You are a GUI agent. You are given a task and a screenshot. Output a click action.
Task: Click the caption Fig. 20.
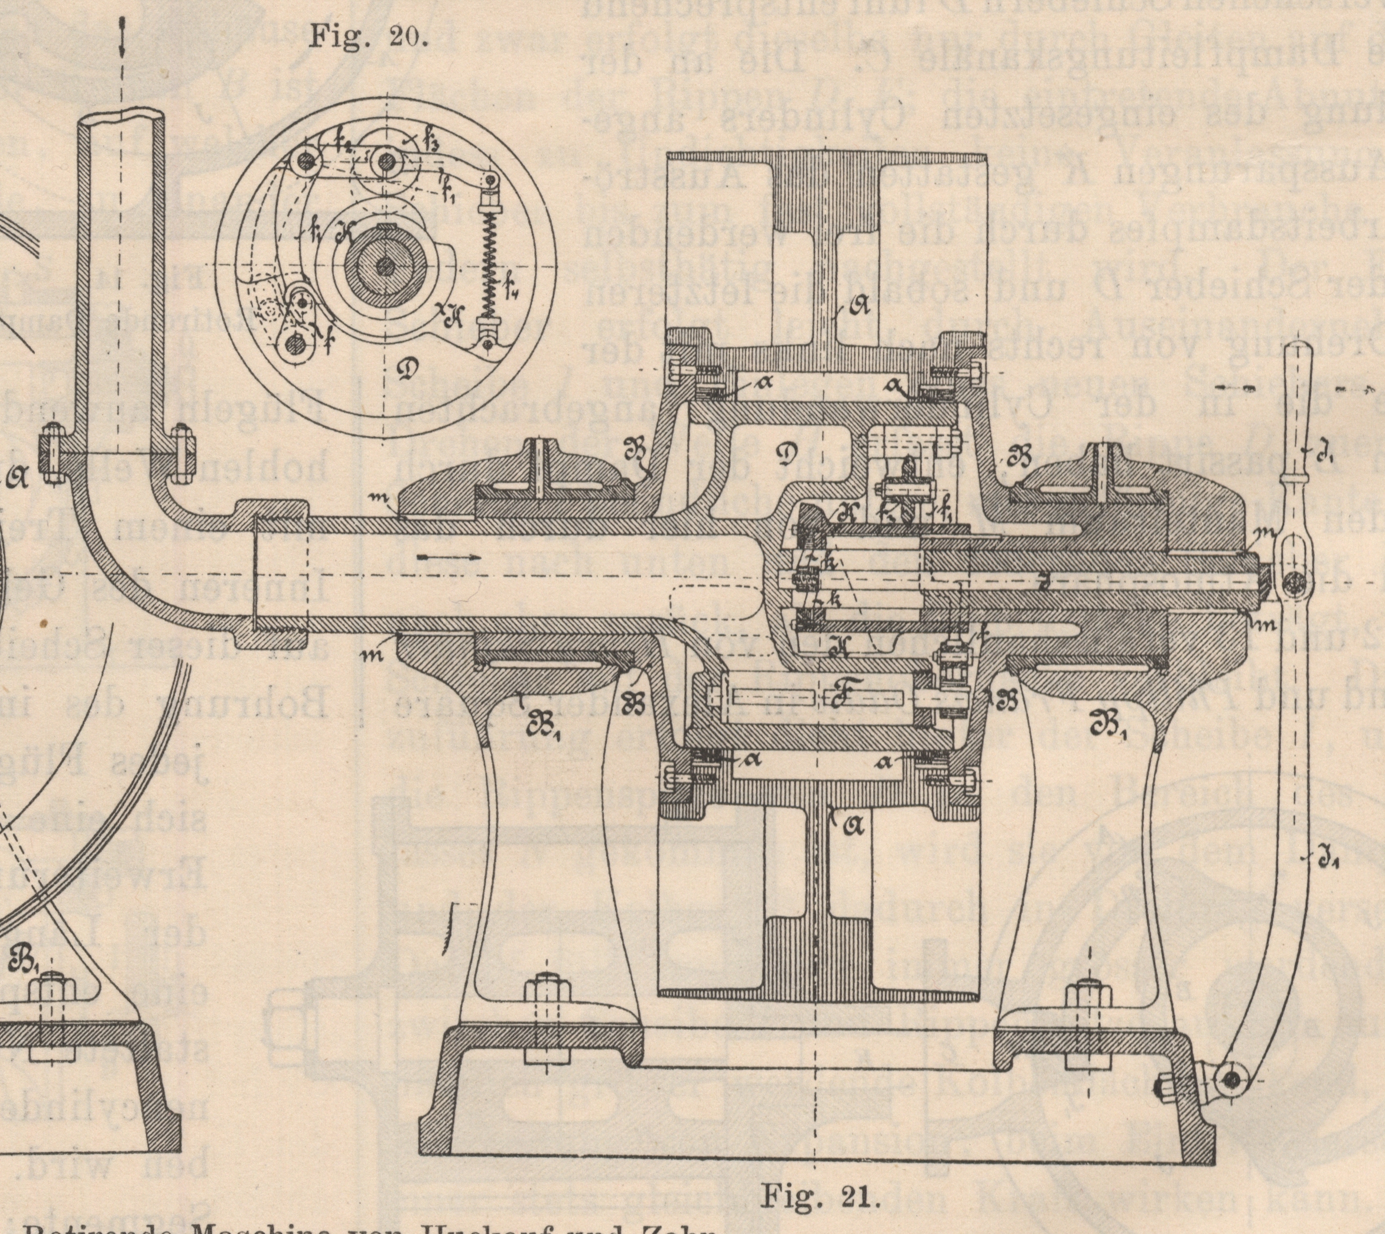pos(368,36)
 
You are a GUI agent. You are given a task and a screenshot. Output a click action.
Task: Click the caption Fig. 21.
pos(820,1196)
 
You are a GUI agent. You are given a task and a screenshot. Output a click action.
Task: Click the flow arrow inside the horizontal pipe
pos(448,557)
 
